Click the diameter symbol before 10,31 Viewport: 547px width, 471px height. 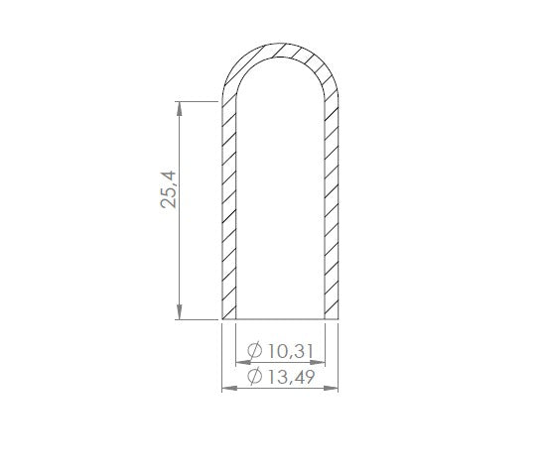(x=251, y=351)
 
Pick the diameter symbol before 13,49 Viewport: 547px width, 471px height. (x=251, y=377)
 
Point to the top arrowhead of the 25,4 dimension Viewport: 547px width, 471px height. (x=179, y=107)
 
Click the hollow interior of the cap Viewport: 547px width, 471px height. (x=281, y=198)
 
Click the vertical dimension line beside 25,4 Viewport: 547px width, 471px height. (x=179, y=248)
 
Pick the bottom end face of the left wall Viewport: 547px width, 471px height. (x=227, y=320)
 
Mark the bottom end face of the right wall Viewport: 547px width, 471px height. (x=334, y=320)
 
